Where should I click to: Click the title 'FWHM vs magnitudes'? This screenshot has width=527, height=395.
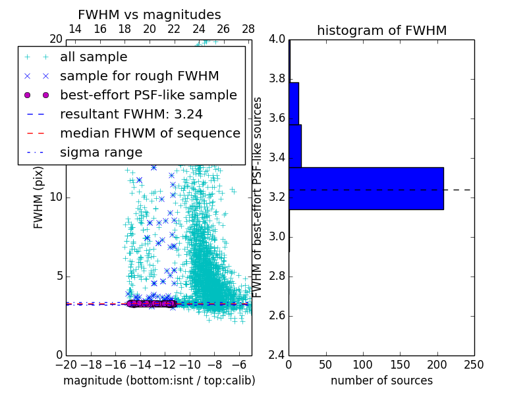coord(150,14)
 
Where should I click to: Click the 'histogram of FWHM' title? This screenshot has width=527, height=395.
coord(381,30)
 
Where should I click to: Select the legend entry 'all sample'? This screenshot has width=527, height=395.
coord(94,57)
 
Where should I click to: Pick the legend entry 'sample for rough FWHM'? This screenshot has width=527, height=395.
coord(139,76)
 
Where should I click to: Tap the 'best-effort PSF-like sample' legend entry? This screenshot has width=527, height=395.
coord(148,95)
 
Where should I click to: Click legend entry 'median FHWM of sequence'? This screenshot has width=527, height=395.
coord(150,134)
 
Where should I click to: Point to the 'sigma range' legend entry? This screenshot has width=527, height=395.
coord(101,153)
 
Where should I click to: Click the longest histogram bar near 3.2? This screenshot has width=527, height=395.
coord(366,188)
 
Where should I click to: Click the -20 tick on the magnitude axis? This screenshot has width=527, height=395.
coord(66,364)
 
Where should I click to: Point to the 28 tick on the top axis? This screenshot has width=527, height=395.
coord(248,30)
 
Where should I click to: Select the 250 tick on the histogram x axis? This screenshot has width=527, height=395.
coord(474,364)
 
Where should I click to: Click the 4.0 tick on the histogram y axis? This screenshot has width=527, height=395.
coord(277,39)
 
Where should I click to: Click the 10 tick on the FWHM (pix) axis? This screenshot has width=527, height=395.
coord(56,197)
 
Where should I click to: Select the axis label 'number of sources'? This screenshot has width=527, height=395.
coord(381,381)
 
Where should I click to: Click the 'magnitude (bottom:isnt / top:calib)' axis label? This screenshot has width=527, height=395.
coord(159,381)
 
